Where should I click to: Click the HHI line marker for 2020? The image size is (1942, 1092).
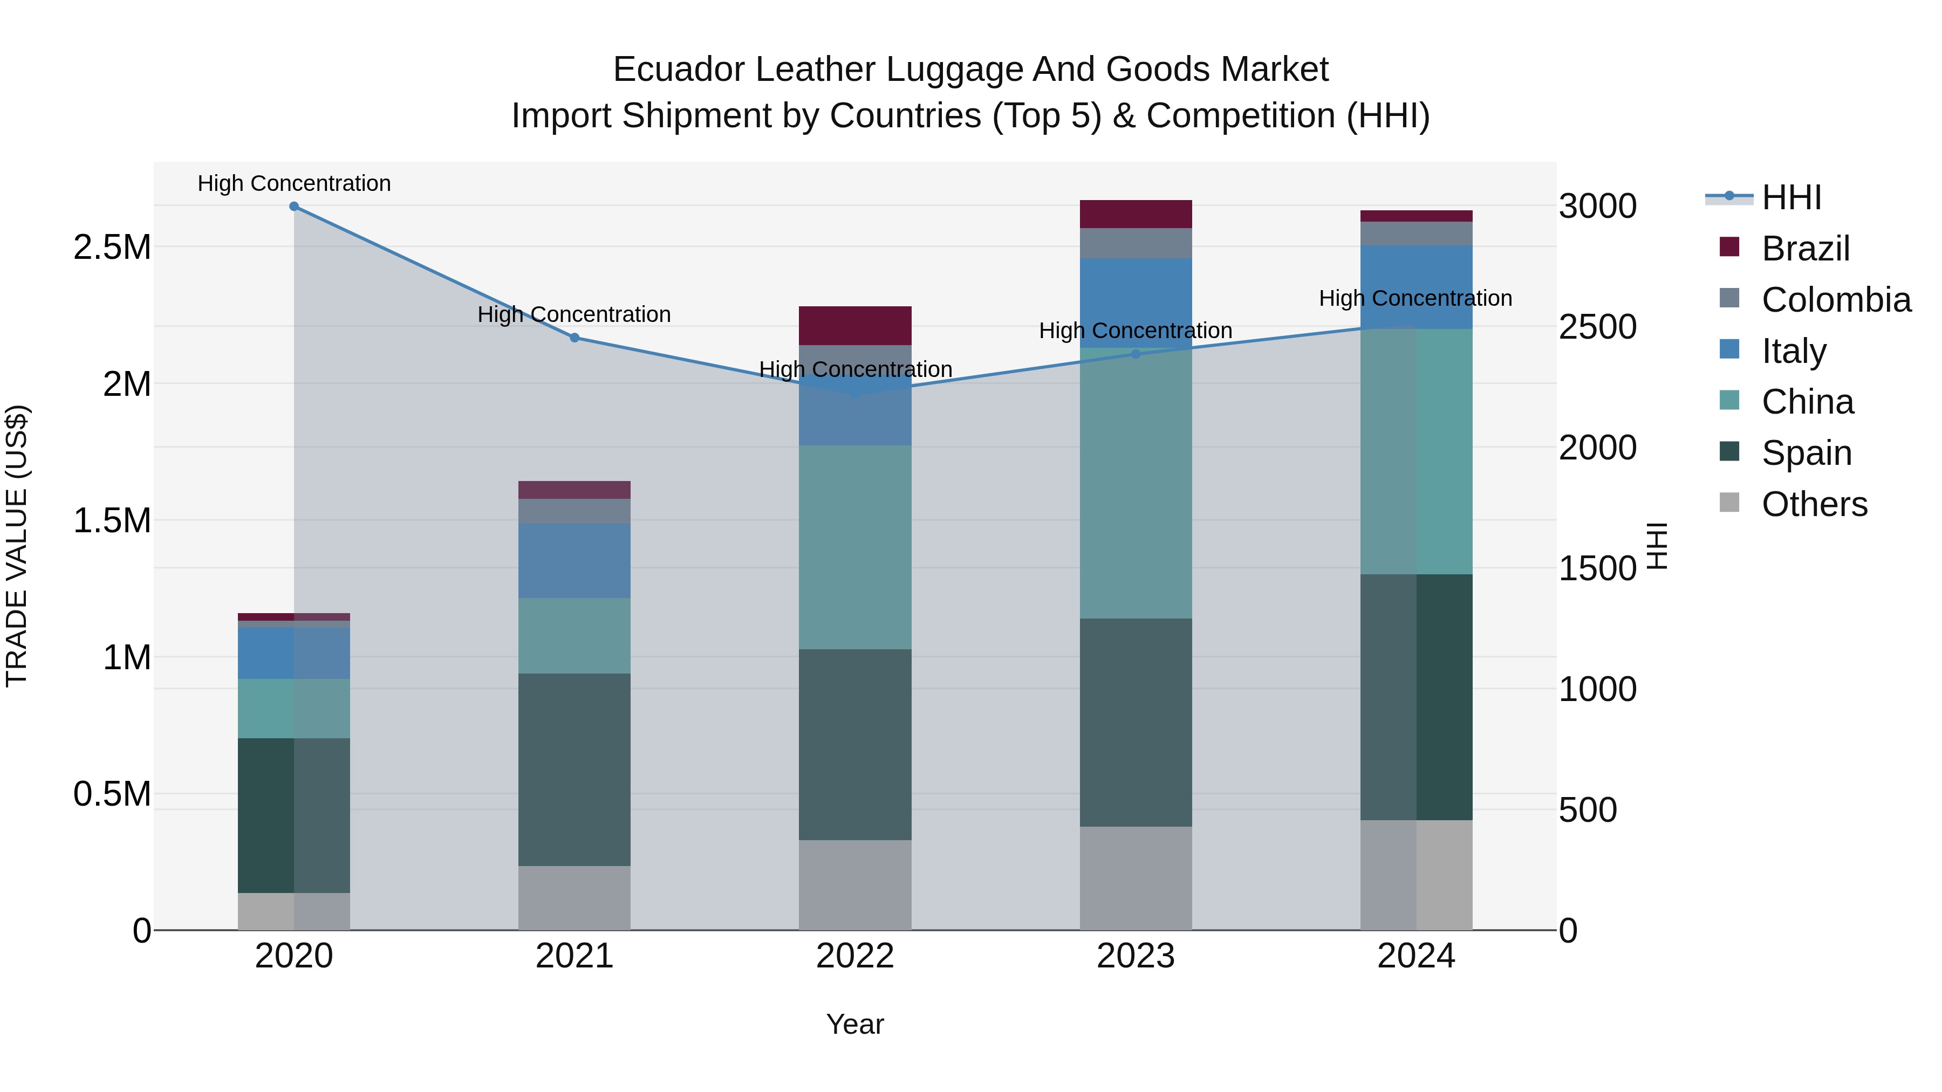coord(294,207)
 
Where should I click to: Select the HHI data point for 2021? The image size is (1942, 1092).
coord(575,338)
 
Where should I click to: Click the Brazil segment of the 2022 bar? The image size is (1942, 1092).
coord(855,326)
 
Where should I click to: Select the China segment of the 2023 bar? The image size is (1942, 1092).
coord(1136,482)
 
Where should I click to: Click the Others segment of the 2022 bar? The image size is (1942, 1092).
coord(855,885)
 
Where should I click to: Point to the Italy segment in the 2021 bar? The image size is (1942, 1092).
coord(575,561)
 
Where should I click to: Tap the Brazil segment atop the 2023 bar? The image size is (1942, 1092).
coord(1136,214)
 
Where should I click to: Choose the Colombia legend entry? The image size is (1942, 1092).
coord(1836,300)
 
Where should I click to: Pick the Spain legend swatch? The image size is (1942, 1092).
coord(1729,452)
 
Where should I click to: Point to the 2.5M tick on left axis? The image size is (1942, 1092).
coord(112,247)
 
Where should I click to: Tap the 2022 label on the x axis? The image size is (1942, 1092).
coord(855,956)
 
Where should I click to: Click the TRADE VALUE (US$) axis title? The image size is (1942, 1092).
coord(17,546)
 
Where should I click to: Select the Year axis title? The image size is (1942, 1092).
coord(855,1024)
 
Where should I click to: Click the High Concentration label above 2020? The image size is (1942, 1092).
coord(294,183)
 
